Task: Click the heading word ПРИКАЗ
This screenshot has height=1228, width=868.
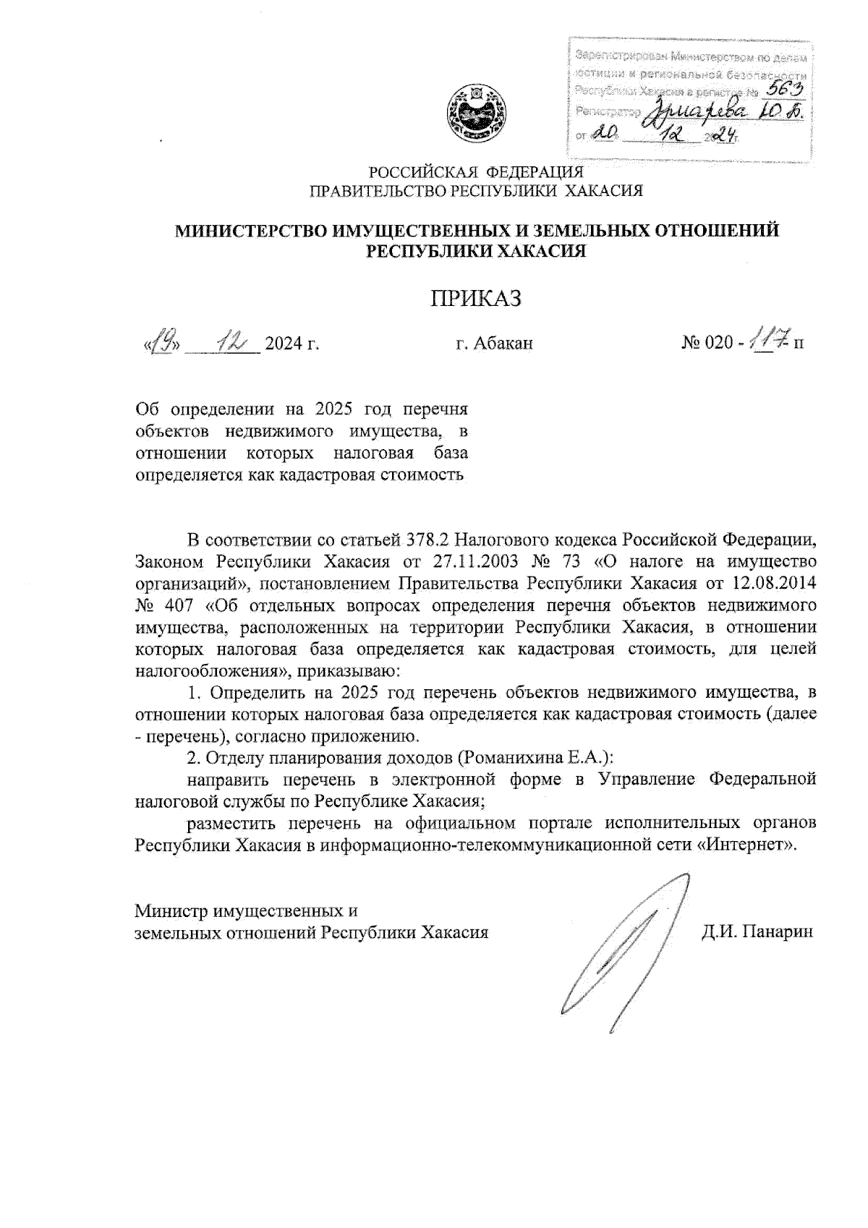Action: click(476, 299)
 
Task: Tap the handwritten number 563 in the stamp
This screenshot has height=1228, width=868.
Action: click(787, 88)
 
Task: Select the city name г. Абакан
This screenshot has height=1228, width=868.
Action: click(494, 343)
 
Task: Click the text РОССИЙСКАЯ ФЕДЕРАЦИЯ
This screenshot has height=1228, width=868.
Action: click(476, 173)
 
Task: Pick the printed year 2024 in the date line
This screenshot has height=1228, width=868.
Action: click(286, 343)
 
